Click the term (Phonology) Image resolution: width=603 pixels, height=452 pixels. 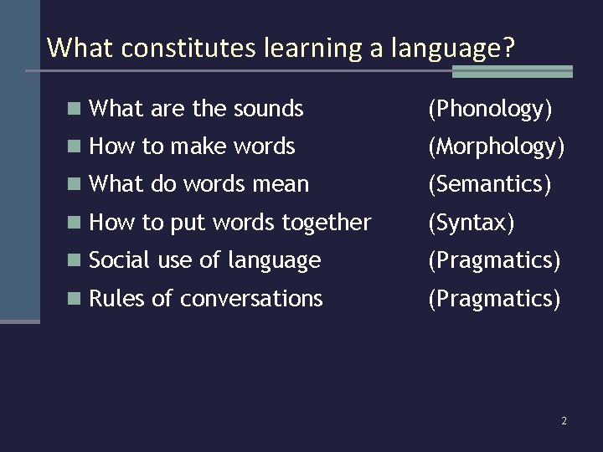pyautogui.click(x=490, y=109)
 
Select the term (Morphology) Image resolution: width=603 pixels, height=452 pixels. pyautogui.click(x=496, y=147)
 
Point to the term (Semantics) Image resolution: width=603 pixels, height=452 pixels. pyautogui.click(x=489, y=185)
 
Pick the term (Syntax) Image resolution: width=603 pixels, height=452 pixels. pyautogui.click(x=471, y=223)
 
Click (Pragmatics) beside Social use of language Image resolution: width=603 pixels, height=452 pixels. pyautogui.click(x=493, y=260)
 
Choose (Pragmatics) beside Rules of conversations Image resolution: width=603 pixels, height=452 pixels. pyautogui.click(x=493, y=299)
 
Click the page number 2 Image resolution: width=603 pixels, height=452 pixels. pyautogui.click(x=564, y=421)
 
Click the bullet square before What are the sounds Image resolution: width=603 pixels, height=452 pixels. pyautogui.click(x=75, y=109)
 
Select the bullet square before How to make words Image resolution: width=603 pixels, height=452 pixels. pyautogui.click(x=75, y=147)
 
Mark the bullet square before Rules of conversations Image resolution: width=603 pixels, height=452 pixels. pyautogui.click(x=75, y=299)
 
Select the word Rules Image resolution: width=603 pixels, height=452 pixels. pyautogui.click(x=117, y=299)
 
